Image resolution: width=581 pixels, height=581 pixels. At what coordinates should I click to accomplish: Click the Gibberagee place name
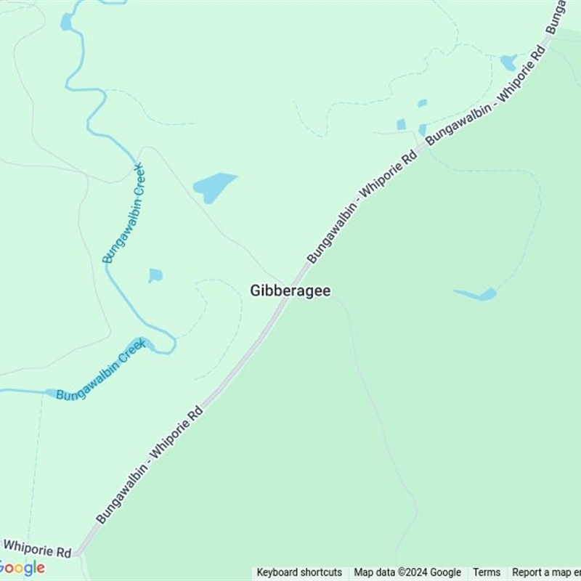coord(290,290)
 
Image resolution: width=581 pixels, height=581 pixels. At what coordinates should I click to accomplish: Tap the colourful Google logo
coord(23,568)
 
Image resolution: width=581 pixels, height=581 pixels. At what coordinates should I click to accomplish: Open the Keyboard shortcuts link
coord(299,572)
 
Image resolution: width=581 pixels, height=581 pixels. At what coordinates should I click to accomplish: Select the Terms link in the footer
coord(487,572)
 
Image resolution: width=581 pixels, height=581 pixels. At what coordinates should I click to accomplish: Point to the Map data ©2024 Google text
coord(407,572)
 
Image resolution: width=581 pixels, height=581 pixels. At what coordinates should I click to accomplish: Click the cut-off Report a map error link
coord(545,572)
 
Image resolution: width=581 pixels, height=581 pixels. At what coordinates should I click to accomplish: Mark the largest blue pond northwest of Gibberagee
coord(214,187)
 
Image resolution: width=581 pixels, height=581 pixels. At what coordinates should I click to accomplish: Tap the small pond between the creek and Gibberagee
coord(155,275)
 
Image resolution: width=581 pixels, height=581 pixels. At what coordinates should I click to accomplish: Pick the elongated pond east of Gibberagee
coord(477,294)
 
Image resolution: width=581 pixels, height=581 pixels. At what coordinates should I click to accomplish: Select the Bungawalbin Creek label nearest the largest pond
coord(123,214)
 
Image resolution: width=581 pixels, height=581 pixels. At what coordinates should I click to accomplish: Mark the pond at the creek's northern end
coord(67,22)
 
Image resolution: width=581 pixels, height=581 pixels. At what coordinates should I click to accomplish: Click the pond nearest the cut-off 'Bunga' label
coord(508,62)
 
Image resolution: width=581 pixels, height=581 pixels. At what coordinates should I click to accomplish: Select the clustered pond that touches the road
coord(423,130)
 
